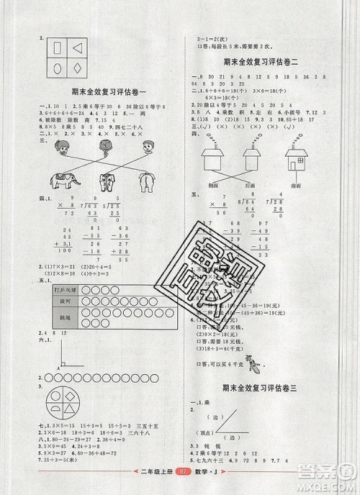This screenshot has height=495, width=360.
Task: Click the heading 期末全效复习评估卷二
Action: pyautogui.click(x=265, y=63)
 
